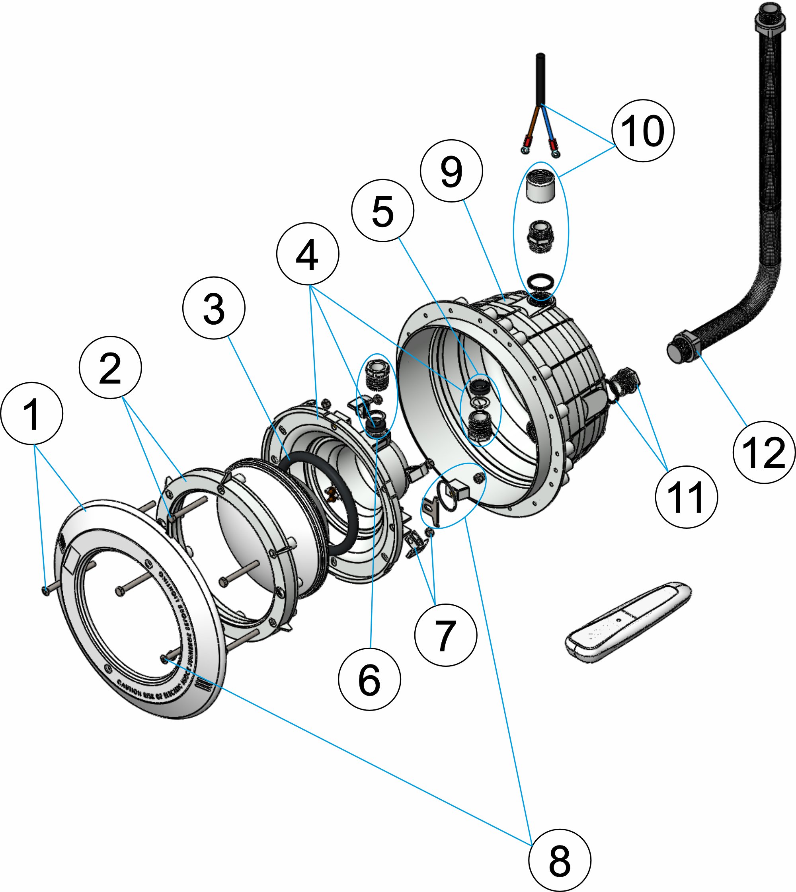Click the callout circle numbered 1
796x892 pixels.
[x=32, y=413]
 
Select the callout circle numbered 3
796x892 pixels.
[x=214, y=308]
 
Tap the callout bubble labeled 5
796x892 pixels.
[x=383, y=210]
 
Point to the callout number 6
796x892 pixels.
[x=370, y=680]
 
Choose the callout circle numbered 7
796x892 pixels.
[x=446, y=635]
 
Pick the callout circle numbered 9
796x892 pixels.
[x=451, y=171]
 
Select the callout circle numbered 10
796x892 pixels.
[x=643, y=130]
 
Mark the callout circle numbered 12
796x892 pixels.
[x=764, y=452]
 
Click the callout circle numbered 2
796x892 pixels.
[x=110, y=367]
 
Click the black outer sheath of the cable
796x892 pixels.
[x=540, y=79]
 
